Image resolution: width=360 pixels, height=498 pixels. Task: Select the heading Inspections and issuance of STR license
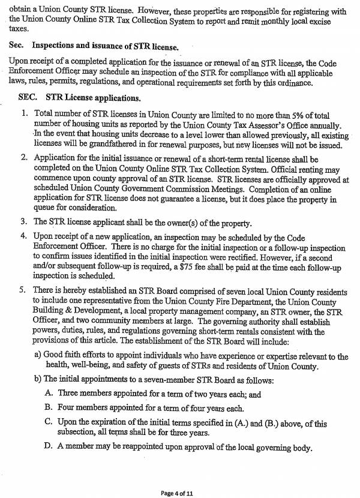click(106, 46)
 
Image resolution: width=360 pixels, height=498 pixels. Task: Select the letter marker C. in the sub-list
click(49, 423)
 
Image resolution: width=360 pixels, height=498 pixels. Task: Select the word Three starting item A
click(69, 394)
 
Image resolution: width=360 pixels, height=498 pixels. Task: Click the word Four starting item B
click(67, 408)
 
